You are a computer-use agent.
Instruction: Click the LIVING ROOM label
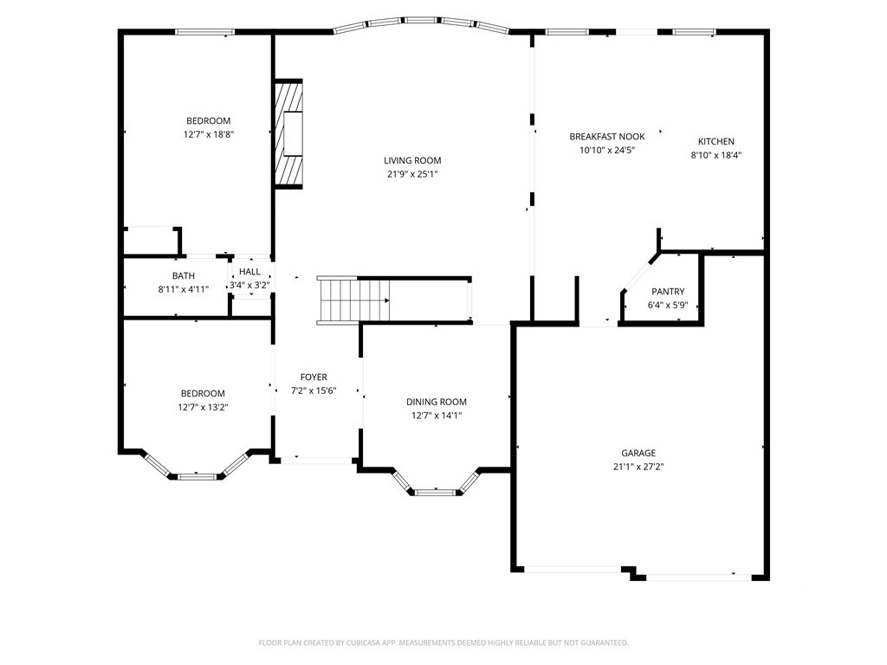pos(412,160)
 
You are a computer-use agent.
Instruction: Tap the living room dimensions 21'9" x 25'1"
pos(412,174)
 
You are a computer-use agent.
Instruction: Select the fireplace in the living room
pos(288,133)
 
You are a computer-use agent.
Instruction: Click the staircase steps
pos(354,300)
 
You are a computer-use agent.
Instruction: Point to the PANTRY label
pos(668,292)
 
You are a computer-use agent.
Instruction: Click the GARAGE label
pos(638,453)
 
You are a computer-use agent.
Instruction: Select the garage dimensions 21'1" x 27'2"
pos(638,467)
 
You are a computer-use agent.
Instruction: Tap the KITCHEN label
pos(716,141)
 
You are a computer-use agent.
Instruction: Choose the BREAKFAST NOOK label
pos(607,137)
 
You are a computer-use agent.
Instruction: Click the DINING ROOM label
pos(437,402)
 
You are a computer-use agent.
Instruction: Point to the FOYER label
pos(314,378)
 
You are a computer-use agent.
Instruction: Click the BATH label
pos(184,276)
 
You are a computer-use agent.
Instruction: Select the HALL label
pos(249,272)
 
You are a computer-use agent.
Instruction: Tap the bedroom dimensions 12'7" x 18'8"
pos(209,134)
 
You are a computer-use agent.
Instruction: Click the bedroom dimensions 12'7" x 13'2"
pos(203,407)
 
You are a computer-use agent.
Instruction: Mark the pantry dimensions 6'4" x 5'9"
pos(668,306)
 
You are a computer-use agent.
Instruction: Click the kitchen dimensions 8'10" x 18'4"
pos(716,155)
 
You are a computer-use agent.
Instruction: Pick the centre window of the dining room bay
pos(436,493)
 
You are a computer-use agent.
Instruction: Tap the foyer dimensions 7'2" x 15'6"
pos(314,391)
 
